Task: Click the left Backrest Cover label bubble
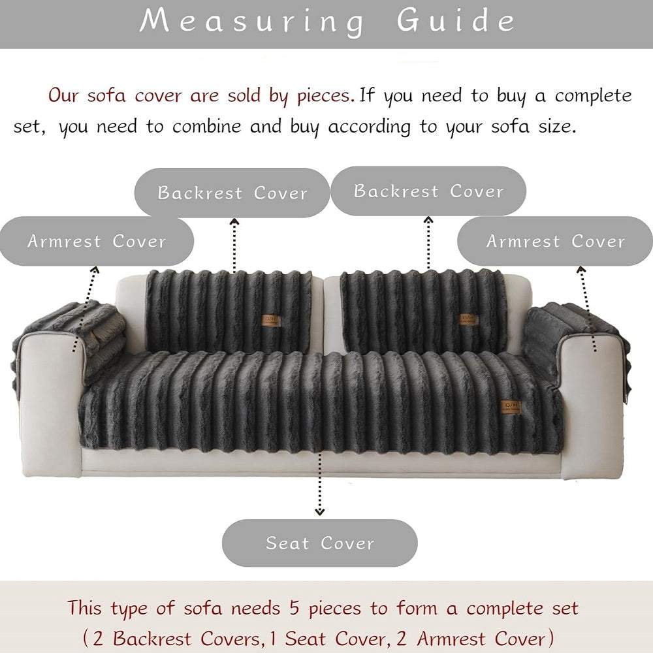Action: click(232, 193)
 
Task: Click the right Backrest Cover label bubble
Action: click(428, 191)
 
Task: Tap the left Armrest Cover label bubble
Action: click(97, 241)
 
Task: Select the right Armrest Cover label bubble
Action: click(555, 241)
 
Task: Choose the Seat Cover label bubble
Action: click(320, 543)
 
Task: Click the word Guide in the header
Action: click(456, 22)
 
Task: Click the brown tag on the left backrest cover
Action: click(271, 321)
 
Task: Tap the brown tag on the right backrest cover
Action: click(468, 319)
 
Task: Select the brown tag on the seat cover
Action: click(511, 407)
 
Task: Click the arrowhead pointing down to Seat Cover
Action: click(319, 511)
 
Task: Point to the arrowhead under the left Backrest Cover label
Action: click(234, 221)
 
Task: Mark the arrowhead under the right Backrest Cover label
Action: click(428, 219)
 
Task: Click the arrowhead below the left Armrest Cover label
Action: click(95, 270)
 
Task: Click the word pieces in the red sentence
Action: click(325, 96)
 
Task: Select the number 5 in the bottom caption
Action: click(295, 608)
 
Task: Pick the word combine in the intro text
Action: click(207, 126)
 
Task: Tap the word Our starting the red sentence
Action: click(63, 95)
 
